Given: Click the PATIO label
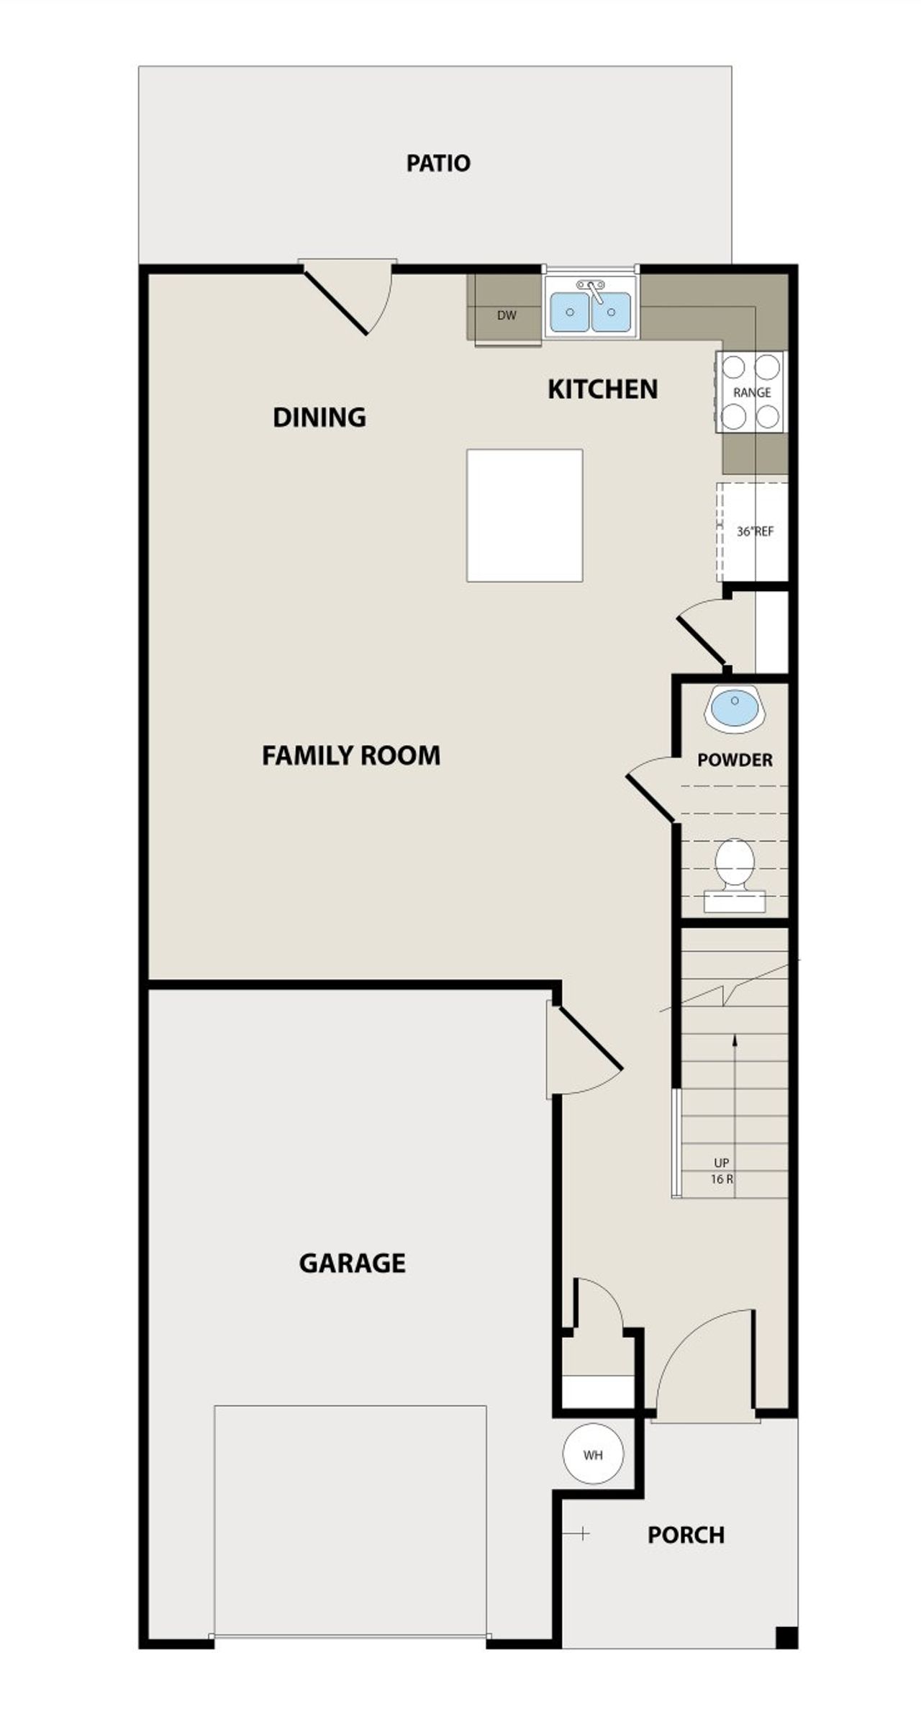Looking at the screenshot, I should [x=437, y=163].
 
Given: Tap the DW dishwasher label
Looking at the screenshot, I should [x=507, y=315].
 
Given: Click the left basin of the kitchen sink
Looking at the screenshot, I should [x=569, y=312].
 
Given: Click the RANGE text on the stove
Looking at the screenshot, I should [x=752, y=392].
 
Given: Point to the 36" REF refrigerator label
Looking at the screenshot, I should [x=755, y=532].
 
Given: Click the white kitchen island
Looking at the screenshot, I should [x=524, y=515].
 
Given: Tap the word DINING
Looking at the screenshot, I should [x=319, y=418].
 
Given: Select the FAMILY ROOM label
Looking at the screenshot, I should [x=350, y=756].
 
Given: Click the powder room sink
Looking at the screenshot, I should [x=734, y=707].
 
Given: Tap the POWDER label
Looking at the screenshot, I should [x=735, y=760].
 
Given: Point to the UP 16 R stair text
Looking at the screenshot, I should [x=722, y=1171].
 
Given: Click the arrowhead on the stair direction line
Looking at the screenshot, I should [x=735, y=1039].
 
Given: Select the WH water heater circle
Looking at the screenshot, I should [x=593, y=1455].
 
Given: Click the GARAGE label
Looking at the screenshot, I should [x=352, y=1263].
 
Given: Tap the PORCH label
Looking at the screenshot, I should [x=685, y=1535].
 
